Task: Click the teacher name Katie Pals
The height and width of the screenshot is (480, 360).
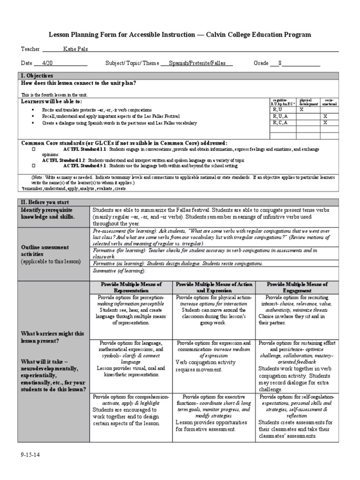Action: click(x=75, y=49)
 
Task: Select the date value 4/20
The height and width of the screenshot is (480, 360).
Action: click(x=47, y=63)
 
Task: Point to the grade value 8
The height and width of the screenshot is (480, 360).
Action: click(x=280, y=63)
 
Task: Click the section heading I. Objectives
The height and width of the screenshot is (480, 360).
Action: click(x=37, y=75)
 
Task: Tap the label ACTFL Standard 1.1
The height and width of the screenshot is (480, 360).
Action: click(x=85, y=149)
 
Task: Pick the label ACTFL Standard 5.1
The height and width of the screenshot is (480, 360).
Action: click(x=85, y=165)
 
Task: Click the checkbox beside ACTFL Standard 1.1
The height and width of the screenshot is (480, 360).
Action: click(x=34, y=149)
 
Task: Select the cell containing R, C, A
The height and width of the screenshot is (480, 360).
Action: click(x=280, y=122)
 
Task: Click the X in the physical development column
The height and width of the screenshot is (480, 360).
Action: click(x=302, y=109)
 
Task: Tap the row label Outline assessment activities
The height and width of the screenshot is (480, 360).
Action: click(x=45, y=250)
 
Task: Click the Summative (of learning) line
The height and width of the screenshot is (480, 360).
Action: click(x=120, y=271)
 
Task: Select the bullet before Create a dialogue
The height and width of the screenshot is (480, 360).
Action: click(x=33, y=123)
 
